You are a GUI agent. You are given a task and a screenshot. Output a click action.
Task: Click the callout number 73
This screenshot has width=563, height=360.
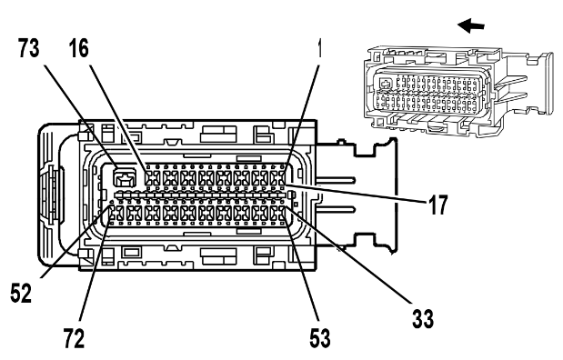point(29,48)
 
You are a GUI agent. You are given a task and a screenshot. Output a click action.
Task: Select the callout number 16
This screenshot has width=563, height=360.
point(79,48)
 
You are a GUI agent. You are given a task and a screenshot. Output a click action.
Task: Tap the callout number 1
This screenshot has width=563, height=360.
point(318,48)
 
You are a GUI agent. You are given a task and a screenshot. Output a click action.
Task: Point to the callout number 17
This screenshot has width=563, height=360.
point(437,205)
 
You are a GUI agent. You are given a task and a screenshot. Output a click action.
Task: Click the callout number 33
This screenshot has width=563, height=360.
point(423,319)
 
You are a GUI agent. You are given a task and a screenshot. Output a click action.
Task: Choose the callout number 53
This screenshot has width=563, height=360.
point(320,338)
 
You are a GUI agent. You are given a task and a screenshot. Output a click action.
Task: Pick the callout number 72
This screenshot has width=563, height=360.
point(75,338)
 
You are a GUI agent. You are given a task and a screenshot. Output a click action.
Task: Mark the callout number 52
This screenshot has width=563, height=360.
point(21,293)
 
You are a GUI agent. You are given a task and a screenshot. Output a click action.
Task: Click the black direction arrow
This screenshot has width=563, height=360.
point(471,25)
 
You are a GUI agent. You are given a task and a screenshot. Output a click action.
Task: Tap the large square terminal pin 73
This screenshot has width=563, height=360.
point(125,177)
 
